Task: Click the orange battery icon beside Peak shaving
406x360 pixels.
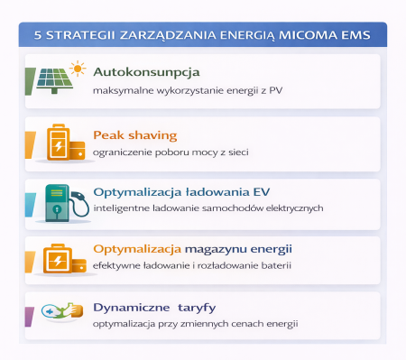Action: (59, 143)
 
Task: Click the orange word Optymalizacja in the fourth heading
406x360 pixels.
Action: (134, 248)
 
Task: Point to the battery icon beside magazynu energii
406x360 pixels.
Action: (59, 259)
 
